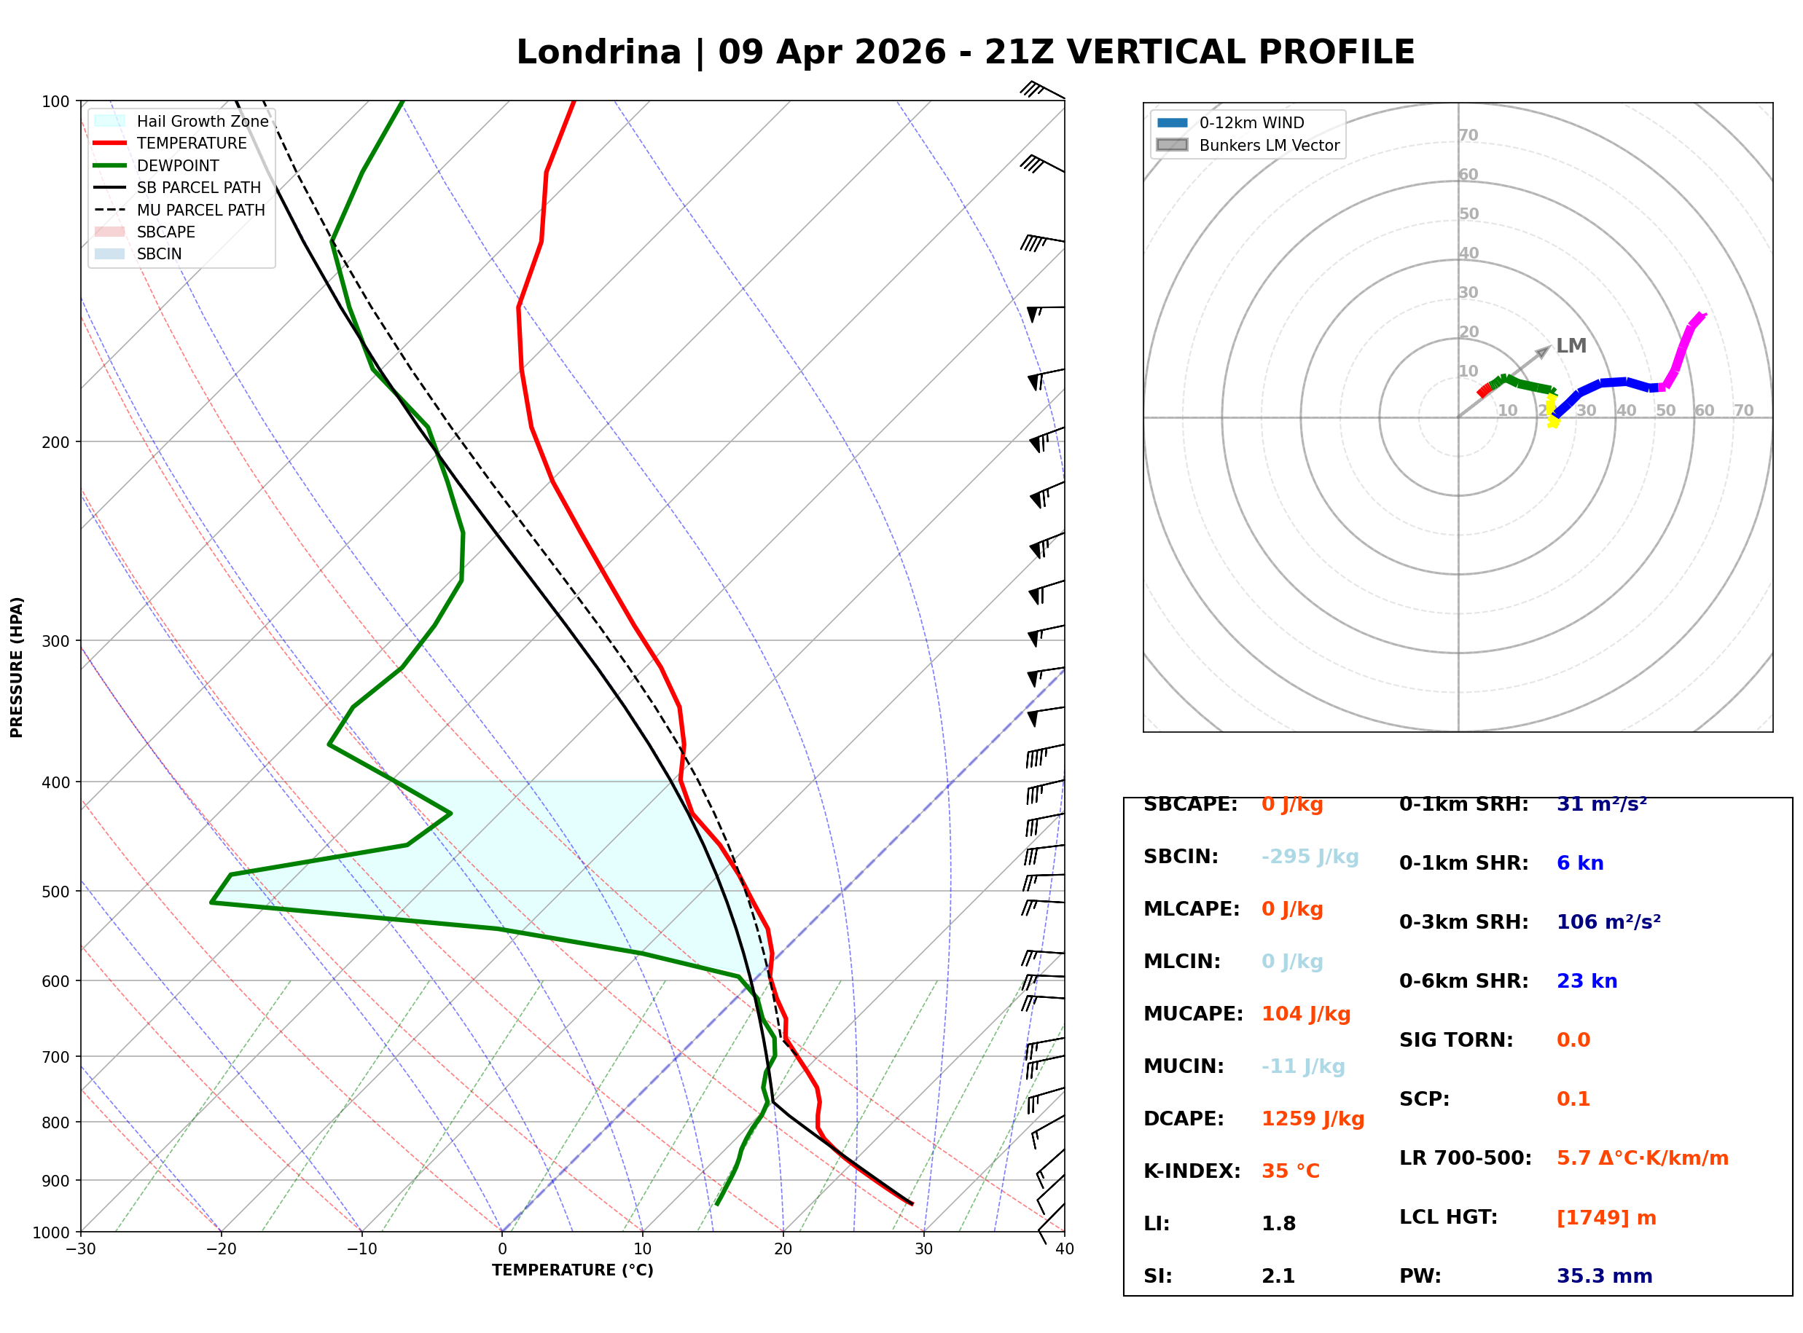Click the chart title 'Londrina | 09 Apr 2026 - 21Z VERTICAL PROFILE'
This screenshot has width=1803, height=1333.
[964, 52]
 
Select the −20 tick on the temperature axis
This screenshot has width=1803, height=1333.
[220, 1249]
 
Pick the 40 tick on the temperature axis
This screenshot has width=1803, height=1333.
[1064, 1249]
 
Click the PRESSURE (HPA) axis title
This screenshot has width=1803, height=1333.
[17, 667]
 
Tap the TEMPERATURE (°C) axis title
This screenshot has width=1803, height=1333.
[572, 1270]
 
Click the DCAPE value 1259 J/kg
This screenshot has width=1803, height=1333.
[1313, 1119]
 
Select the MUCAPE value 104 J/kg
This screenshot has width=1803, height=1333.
[1305, 1014]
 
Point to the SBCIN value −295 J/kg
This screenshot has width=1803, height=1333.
[1309, 857]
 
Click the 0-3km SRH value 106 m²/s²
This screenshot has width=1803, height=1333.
[1608, 922]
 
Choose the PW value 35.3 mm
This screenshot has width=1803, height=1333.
[1603, 1276]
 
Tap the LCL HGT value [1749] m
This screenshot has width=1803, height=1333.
[1606, 1218]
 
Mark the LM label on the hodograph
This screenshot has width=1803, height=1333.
[1571, 346]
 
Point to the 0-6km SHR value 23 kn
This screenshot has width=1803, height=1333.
[1586, 981]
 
